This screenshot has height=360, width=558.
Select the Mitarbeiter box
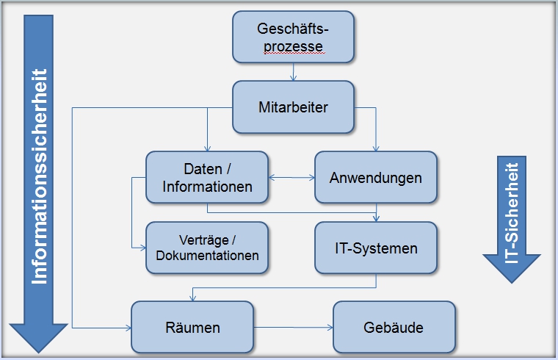click(x=294, y=107)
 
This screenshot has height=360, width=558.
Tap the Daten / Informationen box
click(x=207, y=177)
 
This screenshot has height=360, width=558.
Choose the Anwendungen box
click(x=375, y=177)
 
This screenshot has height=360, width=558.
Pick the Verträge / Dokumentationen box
click(x=207, y=248)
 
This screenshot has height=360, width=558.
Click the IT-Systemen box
click(x=375, y=248)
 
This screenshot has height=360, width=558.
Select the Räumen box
click(x=193, y=327)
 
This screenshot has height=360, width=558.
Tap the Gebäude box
click(x=394, y=327)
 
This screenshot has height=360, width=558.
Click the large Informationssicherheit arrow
click(x=40, y=176)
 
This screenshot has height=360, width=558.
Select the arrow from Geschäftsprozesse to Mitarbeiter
click(x=294, y=72)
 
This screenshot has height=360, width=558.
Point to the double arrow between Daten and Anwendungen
click(x=291, y=177)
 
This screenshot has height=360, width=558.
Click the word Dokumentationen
click(x=208, y=256)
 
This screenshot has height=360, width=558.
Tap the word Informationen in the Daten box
click(x=207, y=187)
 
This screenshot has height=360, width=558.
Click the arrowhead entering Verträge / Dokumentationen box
click(x=142, y=248)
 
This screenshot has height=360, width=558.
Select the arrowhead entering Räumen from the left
click(x=128, y=327)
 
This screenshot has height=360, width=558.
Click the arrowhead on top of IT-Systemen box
click(x=375, y=218)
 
